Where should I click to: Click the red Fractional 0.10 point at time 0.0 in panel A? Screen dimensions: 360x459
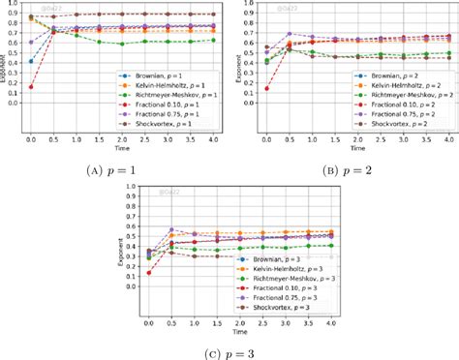tap(31, 87)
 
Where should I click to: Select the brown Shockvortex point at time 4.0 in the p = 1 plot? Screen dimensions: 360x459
tap(214, 15)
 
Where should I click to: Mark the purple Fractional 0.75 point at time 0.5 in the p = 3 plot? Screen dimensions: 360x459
tap(171, 230)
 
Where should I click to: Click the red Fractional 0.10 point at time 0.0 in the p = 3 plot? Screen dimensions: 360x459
tap(149, 273)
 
